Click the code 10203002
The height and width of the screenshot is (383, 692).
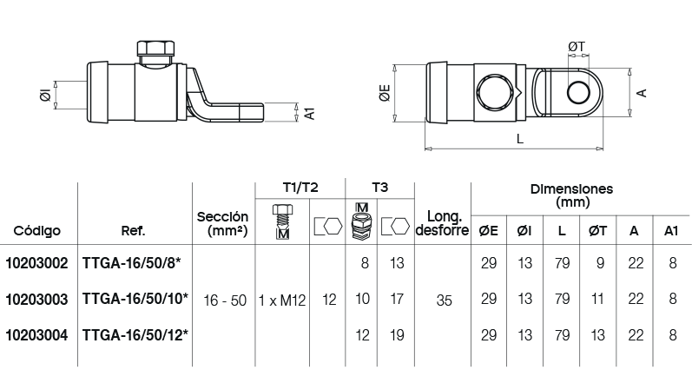(x=36, y=263)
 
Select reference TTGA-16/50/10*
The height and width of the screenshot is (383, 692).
(x=135, y=299)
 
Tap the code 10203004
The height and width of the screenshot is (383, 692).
(x=36, y=335)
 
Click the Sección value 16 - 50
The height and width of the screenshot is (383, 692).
(x=225, y=300)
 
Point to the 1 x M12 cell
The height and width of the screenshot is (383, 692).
(x=282, y=300)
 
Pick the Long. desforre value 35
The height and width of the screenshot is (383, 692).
(x=444, y=300)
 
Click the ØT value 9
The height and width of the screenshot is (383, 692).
(x=600, y=263)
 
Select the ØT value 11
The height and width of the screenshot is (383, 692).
(x=597, y=299)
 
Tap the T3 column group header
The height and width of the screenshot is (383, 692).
(x=379, y=188)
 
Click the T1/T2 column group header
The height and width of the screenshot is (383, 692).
(x=300, y=188)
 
